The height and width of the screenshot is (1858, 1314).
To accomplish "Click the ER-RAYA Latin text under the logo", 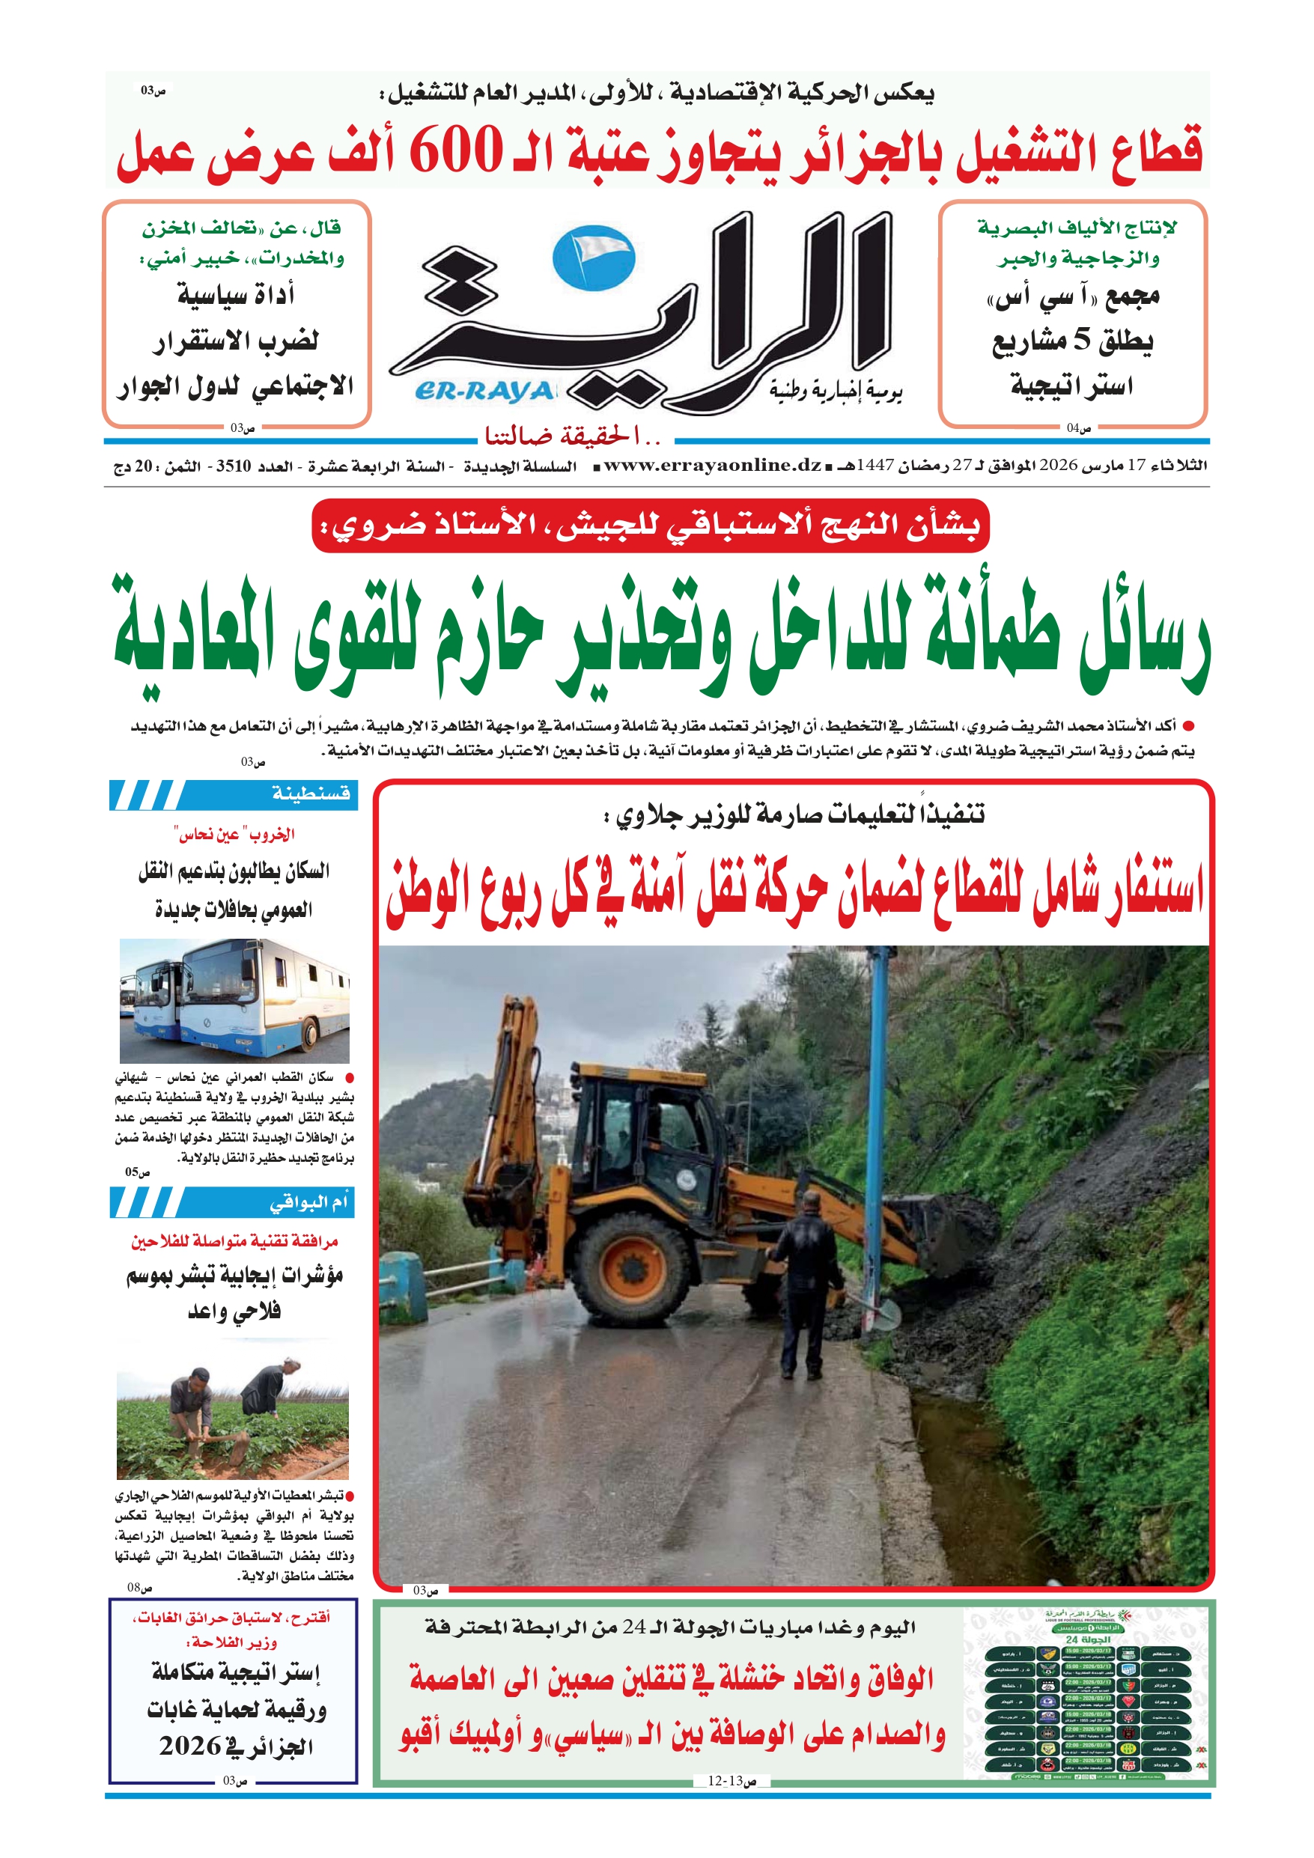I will pos(485,392).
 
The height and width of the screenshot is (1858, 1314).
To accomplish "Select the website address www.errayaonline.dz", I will pos(713,466).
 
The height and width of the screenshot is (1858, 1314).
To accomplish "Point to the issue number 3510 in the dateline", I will pos(233,466).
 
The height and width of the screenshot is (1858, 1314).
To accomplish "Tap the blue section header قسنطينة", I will pos(311,794).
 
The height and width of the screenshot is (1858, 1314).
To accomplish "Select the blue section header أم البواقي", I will pos(308,1202).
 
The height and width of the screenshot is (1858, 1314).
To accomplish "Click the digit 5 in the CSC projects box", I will pos(1082,340).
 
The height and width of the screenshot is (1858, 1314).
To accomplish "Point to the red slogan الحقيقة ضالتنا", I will pos(574,437).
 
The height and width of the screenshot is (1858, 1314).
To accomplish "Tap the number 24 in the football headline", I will pos(634,1627).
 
